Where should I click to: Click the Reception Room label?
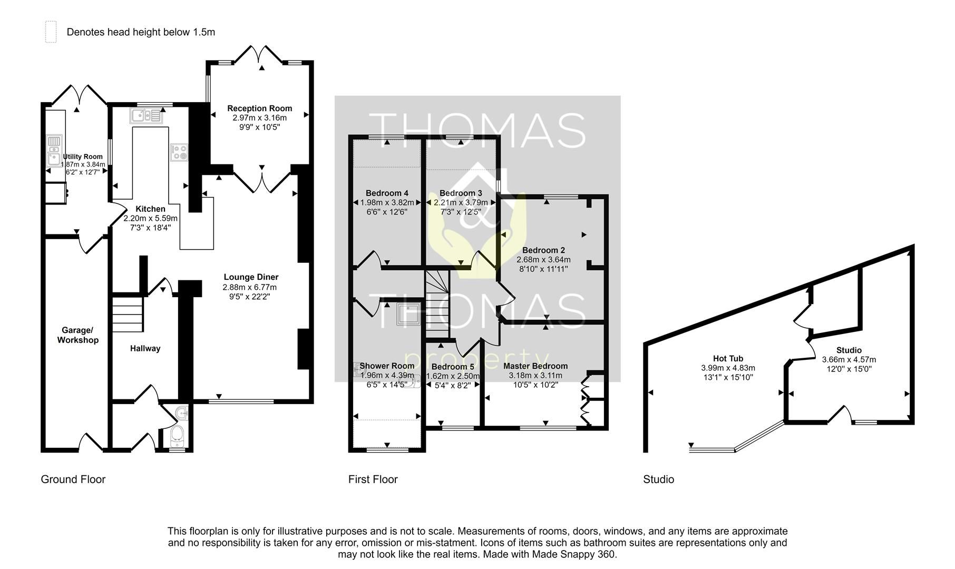(x=259, y=108)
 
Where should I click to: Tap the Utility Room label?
(x=83, y=156)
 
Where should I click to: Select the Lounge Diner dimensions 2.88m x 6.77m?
(x=249, y=287)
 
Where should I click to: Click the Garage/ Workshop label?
(x=77, y=335)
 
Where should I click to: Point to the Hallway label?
(x=145, y=348)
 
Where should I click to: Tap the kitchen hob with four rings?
(x=179, y=152)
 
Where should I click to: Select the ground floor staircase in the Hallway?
(x=127, y=314)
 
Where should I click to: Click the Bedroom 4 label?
(x=387, y=193)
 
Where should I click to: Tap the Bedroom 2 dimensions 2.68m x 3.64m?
(x=543, y=259)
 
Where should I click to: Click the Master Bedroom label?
(x=535, y=366)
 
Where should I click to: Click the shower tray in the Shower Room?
(x=408, y=315)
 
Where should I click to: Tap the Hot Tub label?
(x=728, y=358)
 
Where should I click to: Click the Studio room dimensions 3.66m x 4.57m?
(x=849, y=359)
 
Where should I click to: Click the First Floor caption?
(x=373, y=479)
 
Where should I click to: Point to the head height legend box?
(x=51, y=32)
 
